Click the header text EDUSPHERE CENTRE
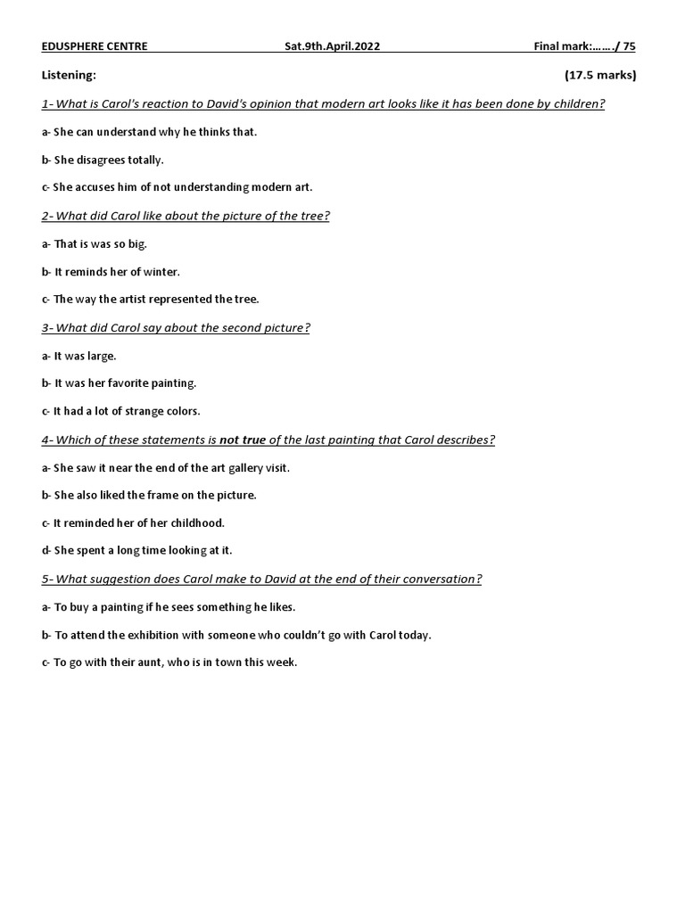tap(95, 47)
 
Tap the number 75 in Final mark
tap(629, 47)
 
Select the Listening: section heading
tap(69, 76)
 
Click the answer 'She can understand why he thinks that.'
tap(149, 132)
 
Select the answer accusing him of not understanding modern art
tap(177, 187)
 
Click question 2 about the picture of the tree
tap(186, 216)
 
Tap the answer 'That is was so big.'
tap(95, 243)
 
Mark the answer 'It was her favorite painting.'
tap(119, 383)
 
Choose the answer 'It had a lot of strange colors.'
tap(121, 411)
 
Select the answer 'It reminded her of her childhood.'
tap(133, 522)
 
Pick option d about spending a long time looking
tap(136, 550)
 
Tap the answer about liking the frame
tap(149, 495)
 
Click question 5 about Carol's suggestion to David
tap(261, 579)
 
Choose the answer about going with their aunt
tap(169, 662)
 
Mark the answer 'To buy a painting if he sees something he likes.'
tap(169, 607)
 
